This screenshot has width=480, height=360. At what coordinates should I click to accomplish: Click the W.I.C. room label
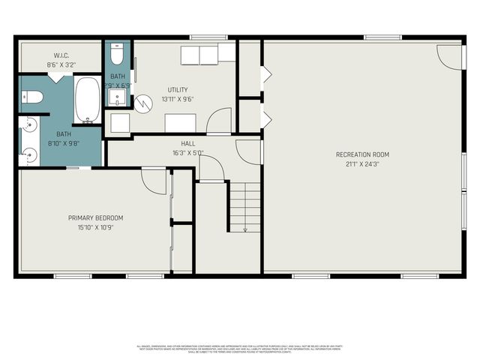tap(61, 55)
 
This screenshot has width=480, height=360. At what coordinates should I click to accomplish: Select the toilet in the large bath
tap(30, 96)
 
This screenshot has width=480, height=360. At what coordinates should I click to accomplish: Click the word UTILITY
tap(177, 90)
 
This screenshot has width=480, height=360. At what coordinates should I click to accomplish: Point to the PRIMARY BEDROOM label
tap(95, 218)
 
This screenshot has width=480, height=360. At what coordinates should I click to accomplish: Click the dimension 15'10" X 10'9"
tap(95, 227)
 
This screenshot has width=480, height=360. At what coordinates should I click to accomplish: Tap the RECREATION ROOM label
tap(362, 154)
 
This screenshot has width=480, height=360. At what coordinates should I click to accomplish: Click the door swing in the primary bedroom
tap(154, 180)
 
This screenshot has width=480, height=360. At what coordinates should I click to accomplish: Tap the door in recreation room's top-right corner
tap(450, 55)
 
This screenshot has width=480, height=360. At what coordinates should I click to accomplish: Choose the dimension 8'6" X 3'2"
tap(61, 64)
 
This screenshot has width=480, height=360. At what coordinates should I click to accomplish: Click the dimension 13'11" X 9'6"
tap(177, 99)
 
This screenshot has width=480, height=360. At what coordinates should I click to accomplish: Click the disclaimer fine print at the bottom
tap(240, 349)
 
